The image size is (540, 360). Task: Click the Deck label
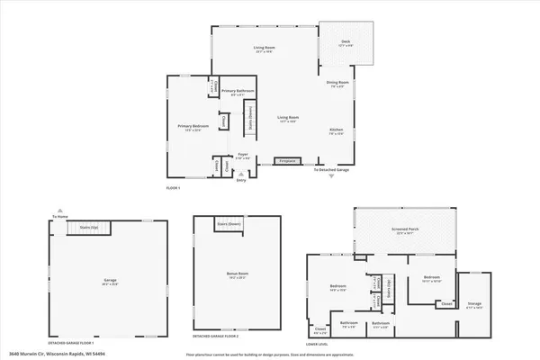(345, 41)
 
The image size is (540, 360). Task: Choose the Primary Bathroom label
(238, 92)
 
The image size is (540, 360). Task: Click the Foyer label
(241, 155)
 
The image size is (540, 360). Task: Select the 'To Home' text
(60, 217)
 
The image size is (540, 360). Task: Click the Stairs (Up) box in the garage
(87, 229)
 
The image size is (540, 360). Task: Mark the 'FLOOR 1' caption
(174, 187)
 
